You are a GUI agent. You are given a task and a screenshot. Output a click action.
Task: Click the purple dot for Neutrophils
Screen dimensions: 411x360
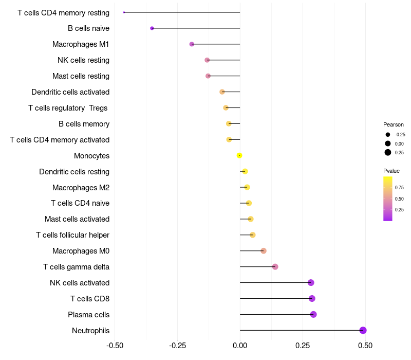click(363, 330)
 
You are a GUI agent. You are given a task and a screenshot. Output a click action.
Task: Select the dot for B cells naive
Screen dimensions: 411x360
click(152, 28)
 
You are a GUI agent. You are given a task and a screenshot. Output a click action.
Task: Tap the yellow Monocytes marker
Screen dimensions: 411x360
click(239, 156)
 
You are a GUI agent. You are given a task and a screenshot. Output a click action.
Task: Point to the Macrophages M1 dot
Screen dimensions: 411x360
click(192, 44)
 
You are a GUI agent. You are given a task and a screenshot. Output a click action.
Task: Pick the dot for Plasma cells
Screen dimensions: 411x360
click(313, 314)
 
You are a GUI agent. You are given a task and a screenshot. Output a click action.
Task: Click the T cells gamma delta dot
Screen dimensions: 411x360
click(275, 267)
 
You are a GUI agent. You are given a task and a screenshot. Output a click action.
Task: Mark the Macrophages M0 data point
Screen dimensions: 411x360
click(264, 251)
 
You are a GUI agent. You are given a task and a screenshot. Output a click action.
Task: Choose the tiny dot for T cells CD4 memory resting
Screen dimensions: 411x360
click(124, 12)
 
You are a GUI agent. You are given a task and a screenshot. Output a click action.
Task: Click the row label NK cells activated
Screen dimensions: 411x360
click(80, 283)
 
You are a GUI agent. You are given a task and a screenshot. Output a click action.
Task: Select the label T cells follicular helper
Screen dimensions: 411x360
click(72, 235)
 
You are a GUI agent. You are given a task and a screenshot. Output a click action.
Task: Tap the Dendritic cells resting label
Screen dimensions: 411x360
click(74, 172)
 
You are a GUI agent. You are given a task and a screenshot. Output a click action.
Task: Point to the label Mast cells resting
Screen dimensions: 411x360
click(81, 76)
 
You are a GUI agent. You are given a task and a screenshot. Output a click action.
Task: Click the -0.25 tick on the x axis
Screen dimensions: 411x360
click(177, 346)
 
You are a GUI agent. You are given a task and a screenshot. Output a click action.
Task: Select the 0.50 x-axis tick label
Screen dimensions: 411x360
click(365, 346)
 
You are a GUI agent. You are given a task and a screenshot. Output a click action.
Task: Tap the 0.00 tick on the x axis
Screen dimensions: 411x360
click(240, 346)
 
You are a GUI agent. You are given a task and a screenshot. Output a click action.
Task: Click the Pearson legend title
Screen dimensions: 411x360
click(394, 124)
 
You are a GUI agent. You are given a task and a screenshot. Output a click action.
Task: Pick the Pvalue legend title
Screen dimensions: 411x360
click(391, 171)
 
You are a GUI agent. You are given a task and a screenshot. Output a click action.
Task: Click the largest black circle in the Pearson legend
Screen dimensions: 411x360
click(388, 152)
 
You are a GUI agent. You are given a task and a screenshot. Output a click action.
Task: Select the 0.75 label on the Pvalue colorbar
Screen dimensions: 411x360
click(399, 188)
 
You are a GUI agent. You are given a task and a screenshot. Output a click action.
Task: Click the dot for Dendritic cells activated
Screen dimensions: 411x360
click(222, 92)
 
